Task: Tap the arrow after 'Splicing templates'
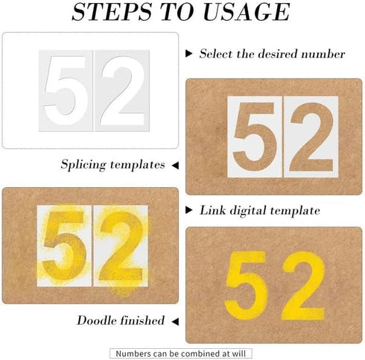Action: [x=175, y=164]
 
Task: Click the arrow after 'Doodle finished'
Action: [x=175, y=321]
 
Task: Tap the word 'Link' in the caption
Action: [x=212, y=211]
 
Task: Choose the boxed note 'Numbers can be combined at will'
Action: [x=182, y=353]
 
